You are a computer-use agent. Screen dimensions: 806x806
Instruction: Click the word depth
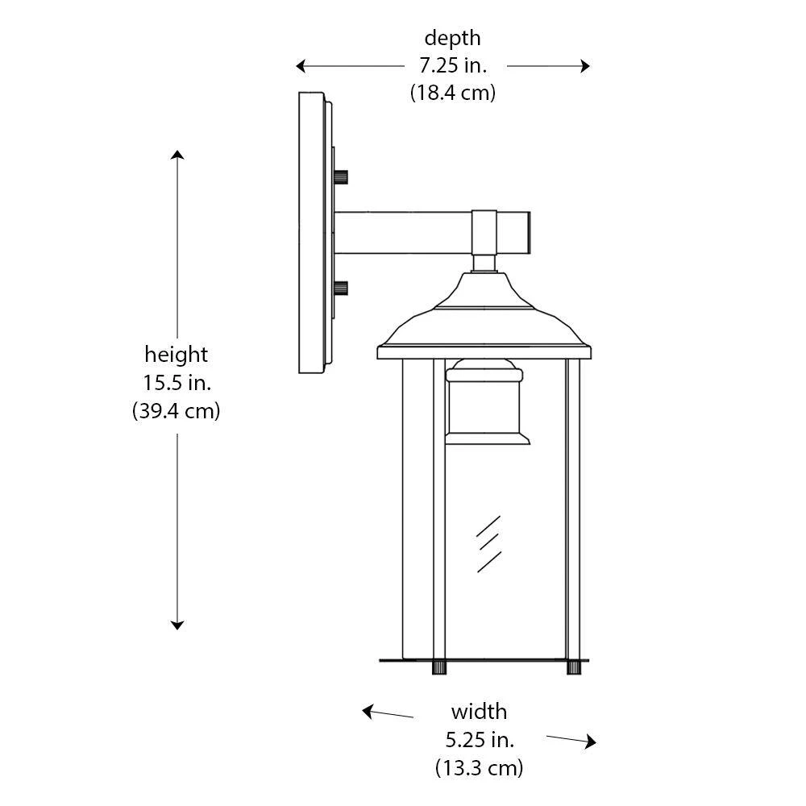[x=452, y=39]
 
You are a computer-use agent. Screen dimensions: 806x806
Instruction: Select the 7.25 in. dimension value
[x=453, y=66]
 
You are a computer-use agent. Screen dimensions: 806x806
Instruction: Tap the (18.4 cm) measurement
[x=453, y=93]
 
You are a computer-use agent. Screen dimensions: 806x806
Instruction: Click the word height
[x=177, y=355]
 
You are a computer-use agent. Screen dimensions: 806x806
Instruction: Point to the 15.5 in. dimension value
[x=177, y=383]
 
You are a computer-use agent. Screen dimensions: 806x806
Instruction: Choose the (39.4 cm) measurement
[x=177, y=411]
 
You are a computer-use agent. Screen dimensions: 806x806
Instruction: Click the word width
[x=479, y=712]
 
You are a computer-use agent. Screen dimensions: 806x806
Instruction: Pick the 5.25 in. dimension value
[x=480, y=740]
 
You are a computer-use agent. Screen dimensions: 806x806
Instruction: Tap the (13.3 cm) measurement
[x=479, y=768]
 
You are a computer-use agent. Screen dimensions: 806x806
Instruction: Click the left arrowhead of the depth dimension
[x=301, y=66]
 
